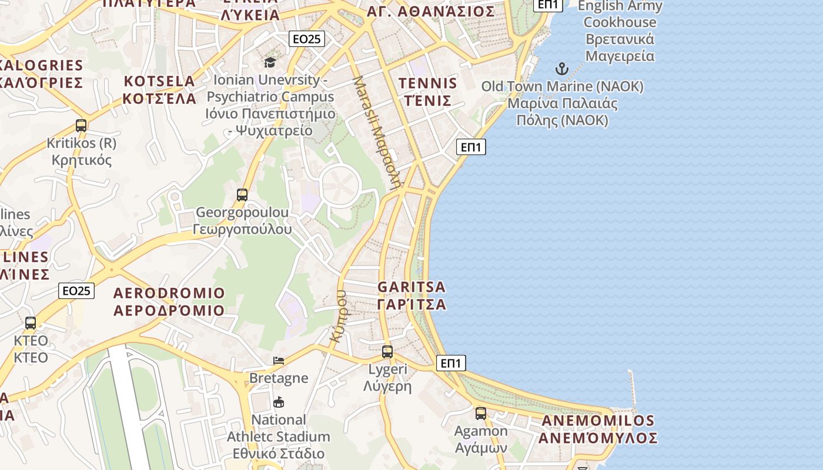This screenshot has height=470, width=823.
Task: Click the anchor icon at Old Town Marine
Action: click(562, 69)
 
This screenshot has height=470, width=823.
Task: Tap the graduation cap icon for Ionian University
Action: click(270, 62)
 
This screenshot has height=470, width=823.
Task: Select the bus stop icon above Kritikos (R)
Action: click(81, 125)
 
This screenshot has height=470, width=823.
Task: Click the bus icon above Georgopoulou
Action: click(242, 195)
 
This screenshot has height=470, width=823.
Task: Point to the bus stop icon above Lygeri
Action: click(387, 352)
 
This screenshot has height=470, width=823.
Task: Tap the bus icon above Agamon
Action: click(481, 414)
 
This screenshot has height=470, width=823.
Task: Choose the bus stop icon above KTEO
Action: click(31, 323)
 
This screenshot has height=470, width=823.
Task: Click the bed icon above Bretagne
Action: click(279, 360)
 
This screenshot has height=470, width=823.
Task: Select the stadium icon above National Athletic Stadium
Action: click(279, 402)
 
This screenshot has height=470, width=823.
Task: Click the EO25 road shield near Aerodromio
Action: click(77, 290)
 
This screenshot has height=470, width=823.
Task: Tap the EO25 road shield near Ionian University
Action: click(307, 39)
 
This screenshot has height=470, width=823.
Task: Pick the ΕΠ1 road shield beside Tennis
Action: click(471, 147)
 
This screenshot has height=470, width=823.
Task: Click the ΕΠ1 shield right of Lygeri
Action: click(451, 363)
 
